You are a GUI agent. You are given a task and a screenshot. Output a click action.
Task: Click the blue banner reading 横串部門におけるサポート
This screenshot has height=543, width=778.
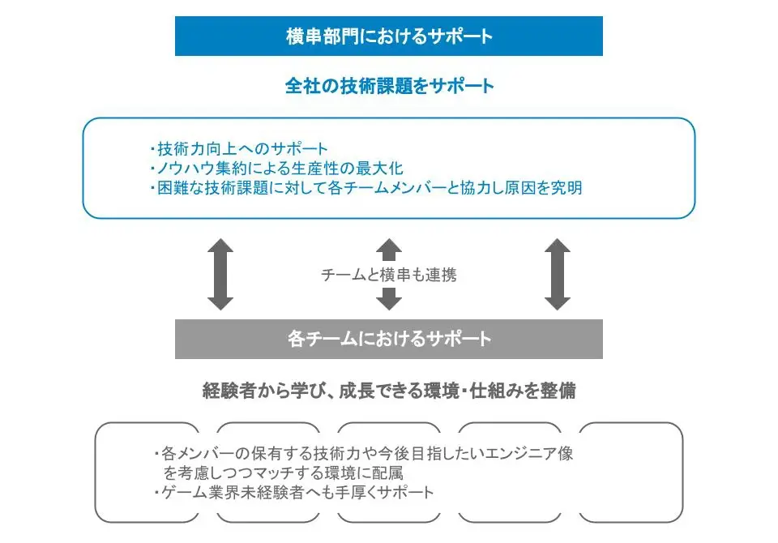[x=388, y=36]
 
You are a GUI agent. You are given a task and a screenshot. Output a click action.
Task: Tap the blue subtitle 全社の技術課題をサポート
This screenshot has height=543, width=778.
[x=390, y=86]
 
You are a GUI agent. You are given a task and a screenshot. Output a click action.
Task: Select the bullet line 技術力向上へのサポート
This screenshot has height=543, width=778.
[x=239, y=148]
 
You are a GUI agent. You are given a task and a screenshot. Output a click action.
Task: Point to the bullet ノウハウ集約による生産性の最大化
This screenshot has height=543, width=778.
[x=277, y=169]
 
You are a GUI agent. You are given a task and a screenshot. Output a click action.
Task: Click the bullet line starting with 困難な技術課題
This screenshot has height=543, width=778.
[x=366, y=187]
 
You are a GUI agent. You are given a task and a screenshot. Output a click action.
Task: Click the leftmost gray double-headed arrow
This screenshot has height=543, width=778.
[x=220, y=275]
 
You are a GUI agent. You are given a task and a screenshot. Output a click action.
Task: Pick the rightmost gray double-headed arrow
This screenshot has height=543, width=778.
[x=558, y=275]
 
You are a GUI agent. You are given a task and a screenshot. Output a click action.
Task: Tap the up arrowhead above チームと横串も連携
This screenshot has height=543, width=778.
[x=389, y=250]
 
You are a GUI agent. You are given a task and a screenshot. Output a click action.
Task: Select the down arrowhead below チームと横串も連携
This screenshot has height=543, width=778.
[x=389, y=299]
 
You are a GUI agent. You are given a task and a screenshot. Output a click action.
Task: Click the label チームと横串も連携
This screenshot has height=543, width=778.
[x=388, y=275]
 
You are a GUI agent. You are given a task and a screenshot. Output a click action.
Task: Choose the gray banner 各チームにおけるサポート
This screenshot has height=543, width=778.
[x=388, y=339]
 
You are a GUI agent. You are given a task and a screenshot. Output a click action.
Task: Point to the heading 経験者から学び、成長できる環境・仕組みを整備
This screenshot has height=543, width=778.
[x=390, y=391]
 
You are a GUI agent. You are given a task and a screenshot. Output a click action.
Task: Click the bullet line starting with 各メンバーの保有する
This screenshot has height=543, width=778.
[x=364, y=453]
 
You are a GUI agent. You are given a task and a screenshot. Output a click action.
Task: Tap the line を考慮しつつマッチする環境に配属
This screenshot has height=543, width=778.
[x=284, y=473]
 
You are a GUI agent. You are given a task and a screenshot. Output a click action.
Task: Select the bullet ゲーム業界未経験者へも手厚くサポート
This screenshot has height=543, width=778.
[x=294, y=493]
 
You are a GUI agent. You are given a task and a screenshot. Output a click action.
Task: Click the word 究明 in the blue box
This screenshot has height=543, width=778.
[x=566, y=187]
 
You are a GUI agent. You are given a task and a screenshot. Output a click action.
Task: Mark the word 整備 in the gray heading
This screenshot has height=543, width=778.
[x=558, y=391]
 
